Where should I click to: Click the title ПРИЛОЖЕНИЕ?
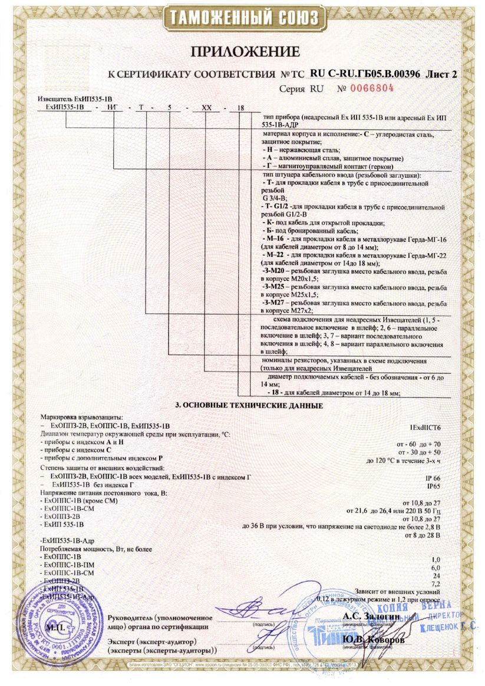point(243,52)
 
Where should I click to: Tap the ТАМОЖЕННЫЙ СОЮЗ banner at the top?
point(242,16)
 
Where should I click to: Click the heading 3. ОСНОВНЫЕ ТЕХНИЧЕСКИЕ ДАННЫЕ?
point(249,406)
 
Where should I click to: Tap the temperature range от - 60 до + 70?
point(420,444)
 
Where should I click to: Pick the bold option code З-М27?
point(273,301)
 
